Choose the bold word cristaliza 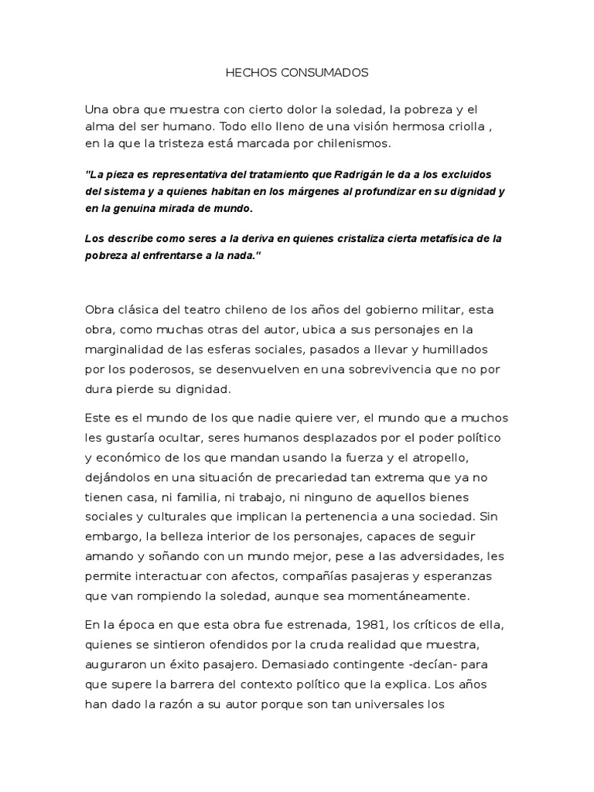(x=319, y=240)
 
